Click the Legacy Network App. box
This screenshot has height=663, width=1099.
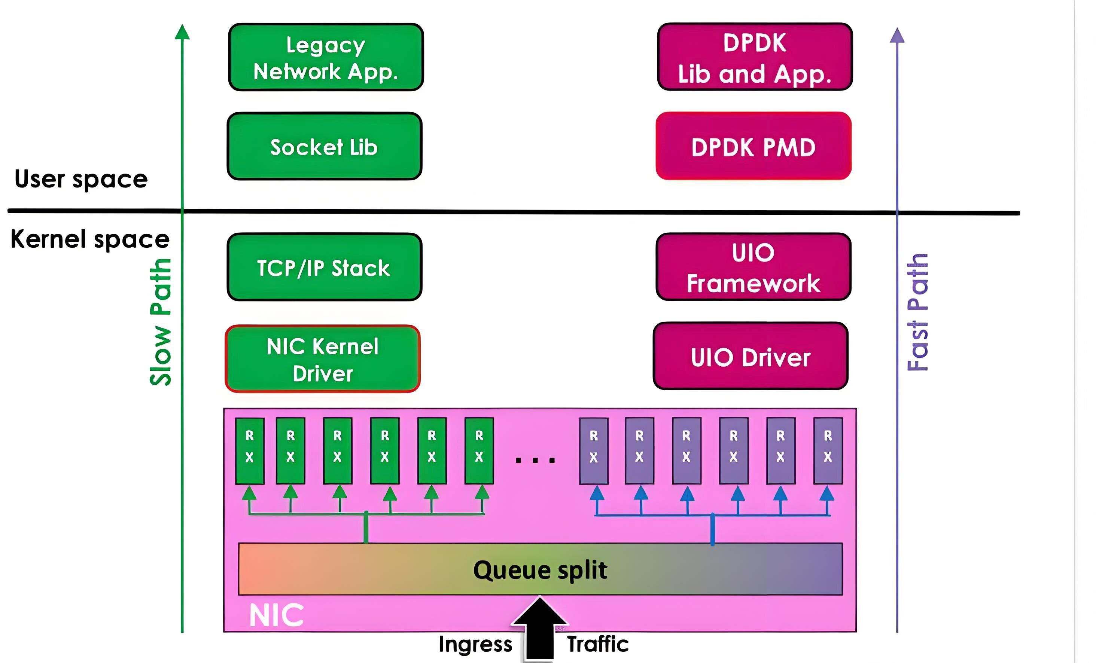coord(326,58)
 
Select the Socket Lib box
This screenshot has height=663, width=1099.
coord(324,147)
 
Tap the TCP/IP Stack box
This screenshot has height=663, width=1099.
coord(324,267)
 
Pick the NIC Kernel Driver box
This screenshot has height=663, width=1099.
coord(322,359)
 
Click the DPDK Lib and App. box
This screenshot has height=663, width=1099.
coord(755,58)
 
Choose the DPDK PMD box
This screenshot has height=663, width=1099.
coord(754,147)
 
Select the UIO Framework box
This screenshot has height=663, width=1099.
coord(754,267)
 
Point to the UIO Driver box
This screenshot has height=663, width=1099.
coord(750,357)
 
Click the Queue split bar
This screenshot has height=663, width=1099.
coord(540,569)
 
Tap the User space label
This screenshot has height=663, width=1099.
coord(81,179)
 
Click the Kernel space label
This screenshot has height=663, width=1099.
coord(90,239)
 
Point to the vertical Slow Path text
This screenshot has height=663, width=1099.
coord(161,322)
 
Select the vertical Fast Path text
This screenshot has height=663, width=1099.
coord(918,312)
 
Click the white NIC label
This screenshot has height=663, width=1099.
coord(276,615)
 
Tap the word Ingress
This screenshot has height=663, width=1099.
coord(475,645)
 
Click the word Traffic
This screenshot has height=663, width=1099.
coord(598,645)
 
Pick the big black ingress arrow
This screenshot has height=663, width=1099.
coord(539,629)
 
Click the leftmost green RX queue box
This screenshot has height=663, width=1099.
coord(249,451)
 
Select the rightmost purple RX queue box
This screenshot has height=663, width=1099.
coord(828,451)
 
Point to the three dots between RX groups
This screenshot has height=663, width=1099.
coord(535,460)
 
